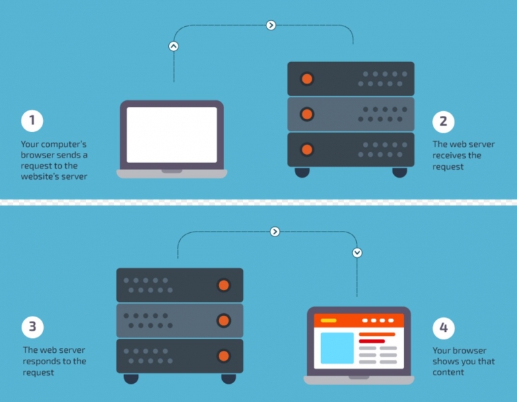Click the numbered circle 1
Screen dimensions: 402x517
click(32, 121)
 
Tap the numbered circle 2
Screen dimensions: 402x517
click(443, 121)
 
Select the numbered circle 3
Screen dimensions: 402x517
click(32, 328)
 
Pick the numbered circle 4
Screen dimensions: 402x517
click(443, 328)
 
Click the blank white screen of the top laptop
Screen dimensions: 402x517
click(172, 135)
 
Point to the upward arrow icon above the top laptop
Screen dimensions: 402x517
click(174, 46)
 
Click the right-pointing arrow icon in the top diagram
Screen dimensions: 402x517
click(271, 26)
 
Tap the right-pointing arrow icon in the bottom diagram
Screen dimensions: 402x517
click(275, 232)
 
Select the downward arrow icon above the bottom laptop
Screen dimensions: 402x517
click(357, 253)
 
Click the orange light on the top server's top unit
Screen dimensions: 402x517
click(307, 79)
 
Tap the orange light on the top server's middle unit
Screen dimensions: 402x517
click(307, 114)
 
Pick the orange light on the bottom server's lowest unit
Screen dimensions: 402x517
click(223, 356)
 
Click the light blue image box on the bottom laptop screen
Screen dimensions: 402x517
click(337, 347)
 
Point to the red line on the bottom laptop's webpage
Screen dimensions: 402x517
click(372, 341)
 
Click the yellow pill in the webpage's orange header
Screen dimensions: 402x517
click(329, 321)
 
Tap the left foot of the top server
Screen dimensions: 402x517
click(302, 172)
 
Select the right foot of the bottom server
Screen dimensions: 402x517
click(228, 378)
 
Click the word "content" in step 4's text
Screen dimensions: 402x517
click(448, 372)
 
